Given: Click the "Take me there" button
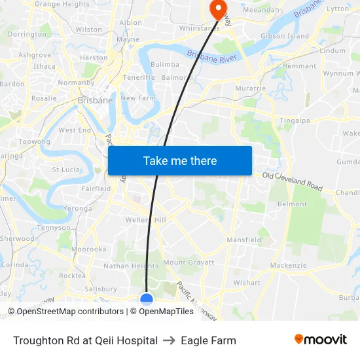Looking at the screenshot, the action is pyautogui.click(x=180, y=161).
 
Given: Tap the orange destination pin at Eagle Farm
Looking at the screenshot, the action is pyautogui.click(x=217, y=8).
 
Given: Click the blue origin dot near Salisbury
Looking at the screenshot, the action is pyautogui.click(x=147, y=300).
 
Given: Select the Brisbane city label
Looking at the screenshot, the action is pyautogui.click(x=95, y=100).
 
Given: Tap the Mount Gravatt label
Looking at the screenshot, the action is pyautogui.click(x=189, y=262).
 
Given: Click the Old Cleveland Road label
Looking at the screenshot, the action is pyautogui.click(x=292, y=181).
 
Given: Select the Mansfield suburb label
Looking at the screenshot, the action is pyautogui.click(x=243, y=240).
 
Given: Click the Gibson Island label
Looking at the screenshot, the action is pyautogui.click(x=284, y=36).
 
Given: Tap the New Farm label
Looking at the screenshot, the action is pyautogui.click(x=137, y=98).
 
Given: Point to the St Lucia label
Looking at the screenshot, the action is pyautogui.click(x=66, y=170).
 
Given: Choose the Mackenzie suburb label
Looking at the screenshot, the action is pyautogui.click(x=288, y=265).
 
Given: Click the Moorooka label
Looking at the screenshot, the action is pyautogui.click(x=88, y=249).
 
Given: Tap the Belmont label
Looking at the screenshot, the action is pyautogui.click(x=292, y=204).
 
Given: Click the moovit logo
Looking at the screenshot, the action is pyautogui.click(x=320, y=340).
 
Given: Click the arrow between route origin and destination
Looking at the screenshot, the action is pyautogui.click(x=170, y=340).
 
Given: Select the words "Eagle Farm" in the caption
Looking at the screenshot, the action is pyautogui.click(x=208, y=340).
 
